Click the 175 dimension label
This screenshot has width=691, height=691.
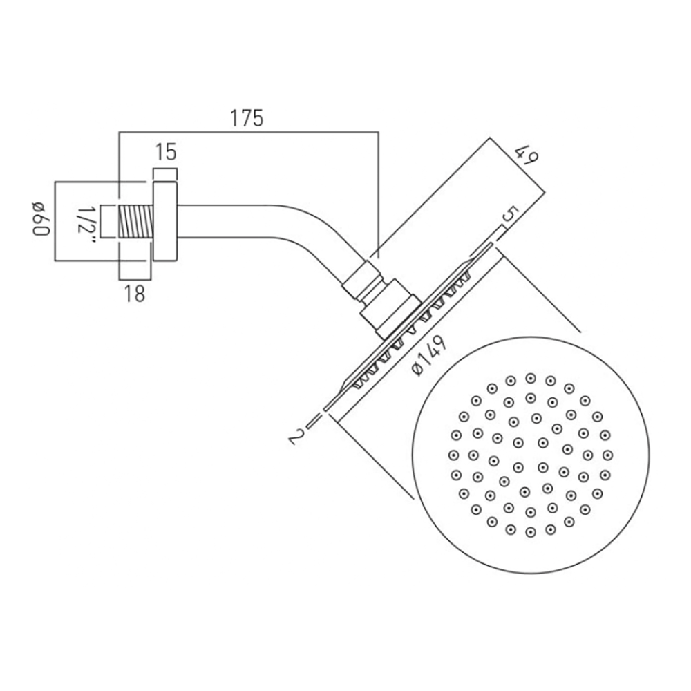pos(247,118)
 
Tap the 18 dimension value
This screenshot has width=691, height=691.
pos(135,294)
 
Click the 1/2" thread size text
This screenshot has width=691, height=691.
pos(84,221)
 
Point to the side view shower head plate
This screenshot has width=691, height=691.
pos(408,325)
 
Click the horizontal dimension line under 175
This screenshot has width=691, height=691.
pos(249,132)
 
